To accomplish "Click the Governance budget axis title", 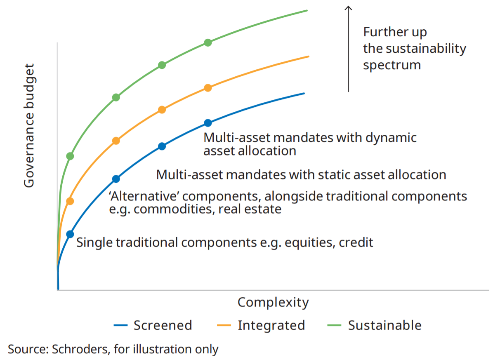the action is pyautogui.click(x=29, y=126).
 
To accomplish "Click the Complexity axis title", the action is pyautogui.click(x=273, y=303).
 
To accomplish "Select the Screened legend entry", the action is pyautogui.click(x=153, y=325).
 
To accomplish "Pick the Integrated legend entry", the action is pyautogui.click(x=261, y=326).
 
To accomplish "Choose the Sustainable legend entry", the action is pyautogui.click(x=374, y=325).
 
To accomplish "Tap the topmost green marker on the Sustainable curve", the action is pyautogui.click(x=208, y=42).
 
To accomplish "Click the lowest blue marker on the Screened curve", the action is pyautogui.click(x=70, y=234).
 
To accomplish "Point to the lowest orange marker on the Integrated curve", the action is pyautogui.click(x=70, y=201).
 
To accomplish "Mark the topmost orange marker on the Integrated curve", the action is pyautogui.click(x=208, y=88).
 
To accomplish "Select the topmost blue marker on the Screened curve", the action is pyautogui.click(x=208, y=123).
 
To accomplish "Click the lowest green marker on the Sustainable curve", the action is pyautogui.click(x=70, y=156).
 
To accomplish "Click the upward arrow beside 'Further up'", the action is pyautogui.click(x=348, y=49).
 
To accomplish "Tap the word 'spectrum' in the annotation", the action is pyautogui.click(x=392, y=66).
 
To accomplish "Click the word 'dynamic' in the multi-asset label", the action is pyautogui.click(x=391, y=138).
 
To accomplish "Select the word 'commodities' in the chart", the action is pyautogui.click(x=173, y=209).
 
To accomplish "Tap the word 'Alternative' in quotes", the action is pyautogui.click(x=144, y=196).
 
